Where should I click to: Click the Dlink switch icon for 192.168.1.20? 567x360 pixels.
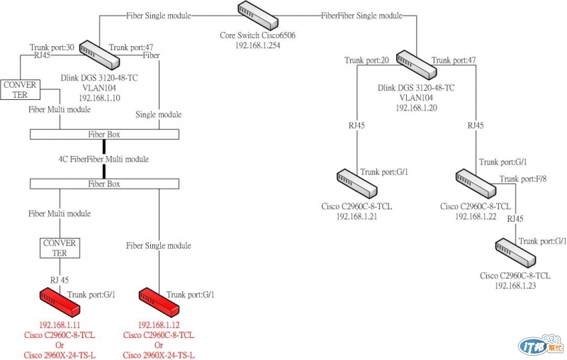pyautogui.click(x=416, y=64)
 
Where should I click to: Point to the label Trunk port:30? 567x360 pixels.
pyautogui.click(x=52, y=47)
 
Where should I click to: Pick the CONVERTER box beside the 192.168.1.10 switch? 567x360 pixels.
pyautogui.click(x=21, y=89)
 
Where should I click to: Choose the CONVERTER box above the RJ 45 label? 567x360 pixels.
pyautogui.click(x=60, y=247)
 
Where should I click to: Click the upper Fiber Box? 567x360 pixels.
pyautogui.click(x=104, y=134)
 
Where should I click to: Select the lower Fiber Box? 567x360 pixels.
pyautogui.click(x=104, y=184)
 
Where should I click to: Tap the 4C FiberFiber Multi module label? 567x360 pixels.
pyautogui.click(x=103, y=159)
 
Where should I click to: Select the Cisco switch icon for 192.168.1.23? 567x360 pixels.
pyautogui.click(x=515, y=252)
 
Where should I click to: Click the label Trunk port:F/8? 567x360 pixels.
pyautogui.click(x=523, y=179)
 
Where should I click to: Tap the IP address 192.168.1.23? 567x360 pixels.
pyautogui.click(x=515, y=285)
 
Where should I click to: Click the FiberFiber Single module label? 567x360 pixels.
pyautogui.click(x=361, y=15)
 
